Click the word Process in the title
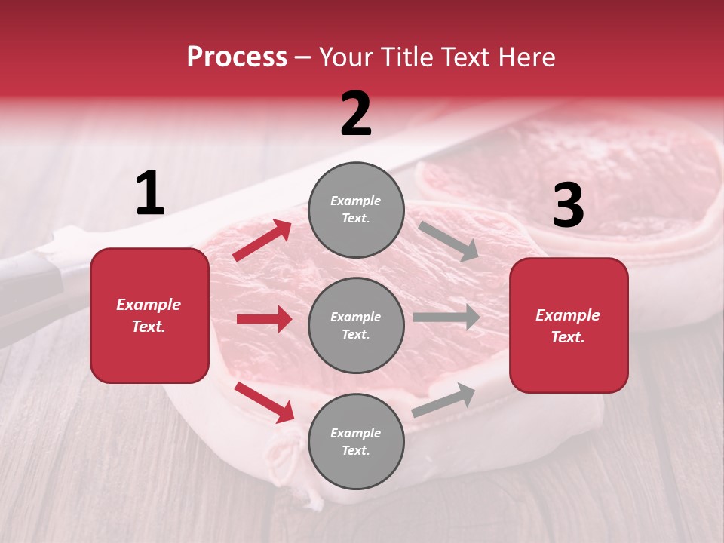pos(237,57)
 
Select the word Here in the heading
pos(525,57)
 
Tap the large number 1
pos(150,194)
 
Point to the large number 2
pos(356,114)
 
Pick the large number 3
pos(568,206)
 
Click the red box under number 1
pos(149,315)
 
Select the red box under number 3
pos(569,325)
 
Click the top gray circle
pos(356,210)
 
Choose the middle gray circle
pos(356,325)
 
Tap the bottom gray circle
pos(356,441)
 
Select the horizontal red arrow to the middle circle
pos(264,319)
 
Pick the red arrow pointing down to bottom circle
pos(265,402)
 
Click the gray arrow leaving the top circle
pos(448,241)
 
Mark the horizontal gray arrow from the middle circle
pos(446,317)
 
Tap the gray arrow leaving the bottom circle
pos(444,400)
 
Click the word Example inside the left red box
pos(149,305)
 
